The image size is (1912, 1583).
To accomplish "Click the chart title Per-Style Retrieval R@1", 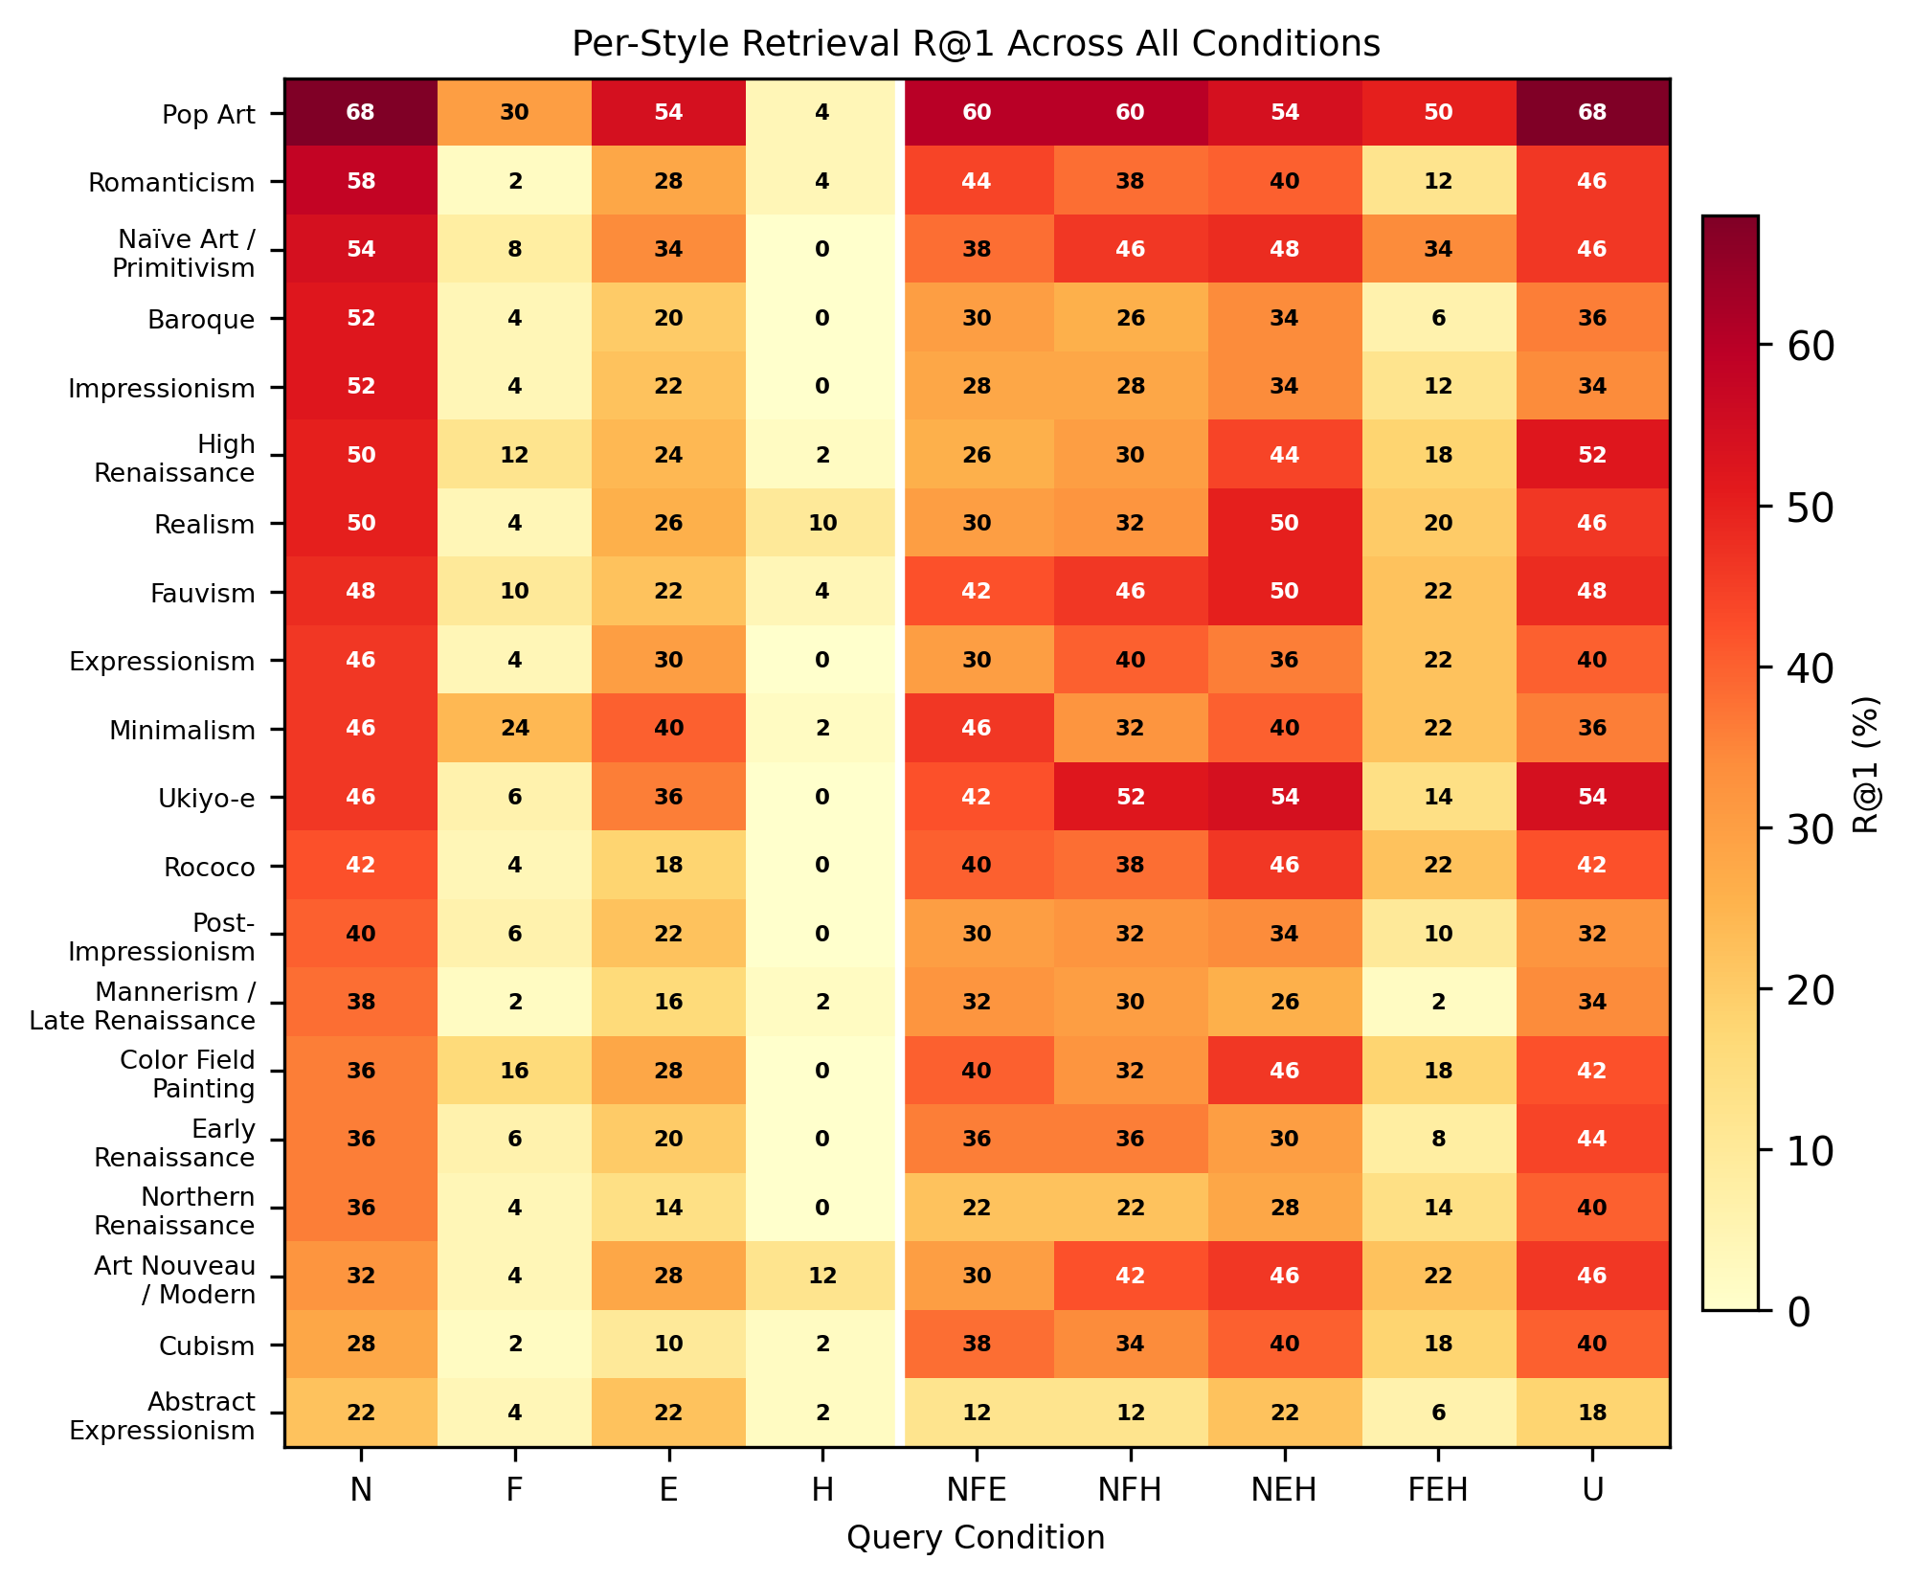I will (976, 44).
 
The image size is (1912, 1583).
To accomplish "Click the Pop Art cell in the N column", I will (361, 112).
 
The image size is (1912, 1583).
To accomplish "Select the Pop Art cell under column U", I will (1591, 112).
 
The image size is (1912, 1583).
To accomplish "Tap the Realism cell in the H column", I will (822, 523).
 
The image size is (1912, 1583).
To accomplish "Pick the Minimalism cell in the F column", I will (515, 728).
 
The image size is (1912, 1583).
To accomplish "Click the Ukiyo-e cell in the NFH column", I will (1130, 797).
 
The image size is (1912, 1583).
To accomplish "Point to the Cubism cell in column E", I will (668, 1344).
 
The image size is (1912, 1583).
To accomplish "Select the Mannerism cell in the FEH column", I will (1438, 1002).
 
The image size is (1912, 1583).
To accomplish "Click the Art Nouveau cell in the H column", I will (822, 1276).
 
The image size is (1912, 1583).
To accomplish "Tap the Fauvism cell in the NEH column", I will (1284, 591).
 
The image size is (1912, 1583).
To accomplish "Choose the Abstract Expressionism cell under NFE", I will (977, 1413).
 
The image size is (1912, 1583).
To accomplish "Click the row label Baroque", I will (201, 319).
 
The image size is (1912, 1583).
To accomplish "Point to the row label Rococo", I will (209, 868).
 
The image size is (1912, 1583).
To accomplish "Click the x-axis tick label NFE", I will (977, 1490).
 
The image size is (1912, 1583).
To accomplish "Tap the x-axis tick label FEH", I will (1438, 1490).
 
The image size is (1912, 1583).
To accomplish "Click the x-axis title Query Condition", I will (976, 1538).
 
